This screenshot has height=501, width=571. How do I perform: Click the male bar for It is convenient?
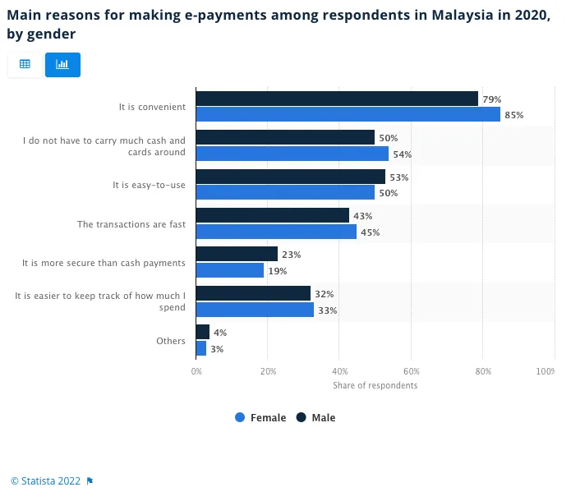337,99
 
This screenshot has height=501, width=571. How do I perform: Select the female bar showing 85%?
348,114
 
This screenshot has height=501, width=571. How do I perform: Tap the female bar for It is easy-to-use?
285,192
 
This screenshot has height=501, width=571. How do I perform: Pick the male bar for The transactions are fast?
273,215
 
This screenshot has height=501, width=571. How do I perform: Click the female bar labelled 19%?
230,270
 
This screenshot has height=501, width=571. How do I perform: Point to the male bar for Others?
203,332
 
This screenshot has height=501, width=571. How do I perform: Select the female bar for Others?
201,348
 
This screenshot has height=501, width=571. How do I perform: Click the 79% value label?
491,99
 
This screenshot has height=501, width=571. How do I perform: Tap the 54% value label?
402,154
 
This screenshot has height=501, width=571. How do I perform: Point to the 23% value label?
291,255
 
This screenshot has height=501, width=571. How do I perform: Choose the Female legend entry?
260,418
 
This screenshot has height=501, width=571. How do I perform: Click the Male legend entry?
316,418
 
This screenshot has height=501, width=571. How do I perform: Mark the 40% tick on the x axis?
340,372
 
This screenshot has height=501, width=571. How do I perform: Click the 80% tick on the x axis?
483,372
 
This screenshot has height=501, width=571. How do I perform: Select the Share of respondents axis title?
375,386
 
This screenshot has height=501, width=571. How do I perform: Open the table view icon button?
25,64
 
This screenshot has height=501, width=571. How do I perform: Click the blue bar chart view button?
62,64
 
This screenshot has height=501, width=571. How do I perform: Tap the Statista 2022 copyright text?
46,481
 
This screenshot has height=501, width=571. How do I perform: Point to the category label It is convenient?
152,107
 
